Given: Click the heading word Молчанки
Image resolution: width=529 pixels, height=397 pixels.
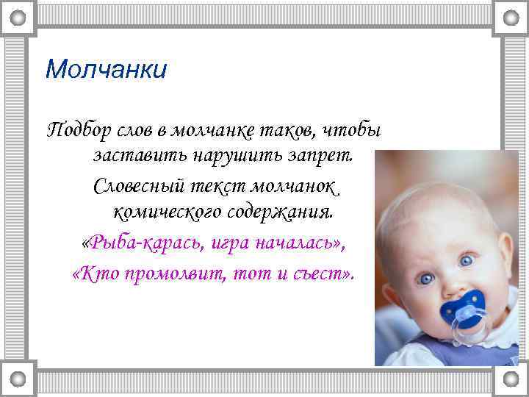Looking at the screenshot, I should click(106, 70).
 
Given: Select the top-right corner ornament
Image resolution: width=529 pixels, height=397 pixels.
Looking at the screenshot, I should click(509, 16).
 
